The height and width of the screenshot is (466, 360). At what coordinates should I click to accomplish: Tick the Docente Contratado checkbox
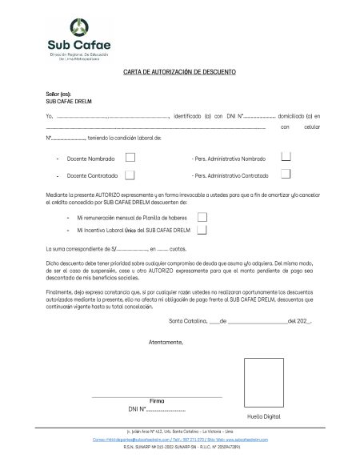tap(130, 174)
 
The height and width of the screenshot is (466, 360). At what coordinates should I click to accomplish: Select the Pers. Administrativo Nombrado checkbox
tap(286, 157)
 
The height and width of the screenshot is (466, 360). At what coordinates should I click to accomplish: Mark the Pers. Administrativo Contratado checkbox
tap(286, 174)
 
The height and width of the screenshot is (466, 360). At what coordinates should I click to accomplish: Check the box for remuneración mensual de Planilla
tap(202, 216)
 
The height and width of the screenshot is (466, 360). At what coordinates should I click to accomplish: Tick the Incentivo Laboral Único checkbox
tap(202, 231)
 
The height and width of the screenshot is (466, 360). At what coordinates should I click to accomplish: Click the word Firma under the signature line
tap(157, 400)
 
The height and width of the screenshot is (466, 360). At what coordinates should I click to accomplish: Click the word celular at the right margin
tap(311, 127)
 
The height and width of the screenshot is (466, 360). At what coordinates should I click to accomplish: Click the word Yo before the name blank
tap(50, 116)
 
